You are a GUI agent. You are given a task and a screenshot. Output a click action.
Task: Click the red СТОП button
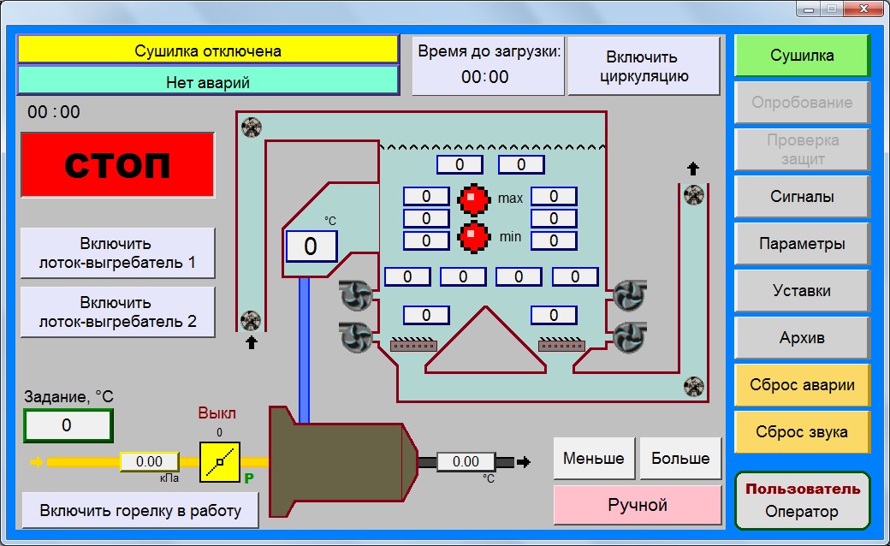pos(117,165)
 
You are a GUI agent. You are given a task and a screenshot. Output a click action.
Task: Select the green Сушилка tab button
pos(802,56)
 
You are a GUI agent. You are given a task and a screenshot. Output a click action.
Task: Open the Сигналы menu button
pos(802,196)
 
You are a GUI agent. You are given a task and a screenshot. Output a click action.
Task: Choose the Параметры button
pos(802,244)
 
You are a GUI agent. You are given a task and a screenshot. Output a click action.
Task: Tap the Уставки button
pos(802,291)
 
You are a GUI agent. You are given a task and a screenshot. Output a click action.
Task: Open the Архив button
pos(802,338)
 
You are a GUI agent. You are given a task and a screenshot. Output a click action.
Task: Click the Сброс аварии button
pos(802,385)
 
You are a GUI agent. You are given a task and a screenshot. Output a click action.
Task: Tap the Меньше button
pos(594,458)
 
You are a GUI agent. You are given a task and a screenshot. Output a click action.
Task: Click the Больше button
pos(680,458)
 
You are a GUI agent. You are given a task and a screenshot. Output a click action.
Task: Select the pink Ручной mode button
pos(638,505)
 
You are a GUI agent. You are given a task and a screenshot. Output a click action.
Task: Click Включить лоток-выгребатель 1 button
pos(117,253)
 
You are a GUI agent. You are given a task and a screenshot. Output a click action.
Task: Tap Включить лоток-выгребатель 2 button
pos(117,312)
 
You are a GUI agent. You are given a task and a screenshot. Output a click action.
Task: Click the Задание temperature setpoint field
pos(68,425)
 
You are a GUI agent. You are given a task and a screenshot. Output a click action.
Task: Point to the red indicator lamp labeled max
pos(473,199)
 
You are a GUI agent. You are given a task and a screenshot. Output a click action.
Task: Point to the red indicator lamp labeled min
pos(473,237)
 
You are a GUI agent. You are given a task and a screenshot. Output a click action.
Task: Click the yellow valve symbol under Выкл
pos(220,462)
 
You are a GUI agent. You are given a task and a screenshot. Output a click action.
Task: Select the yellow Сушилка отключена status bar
pos(208,50)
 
